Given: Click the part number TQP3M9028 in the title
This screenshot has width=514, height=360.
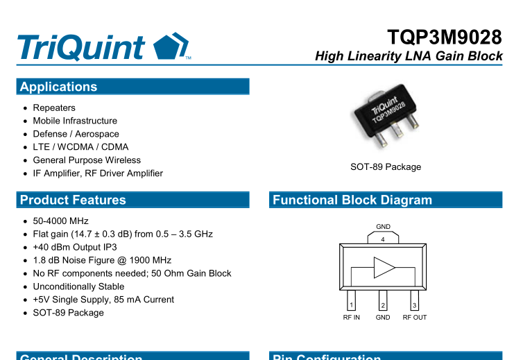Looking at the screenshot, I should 445,37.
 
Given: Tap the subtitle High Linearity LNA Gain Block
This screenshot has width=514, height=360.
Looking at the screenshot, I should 409,56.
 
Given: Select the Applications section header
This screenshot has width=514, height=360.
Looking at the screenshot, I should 59,87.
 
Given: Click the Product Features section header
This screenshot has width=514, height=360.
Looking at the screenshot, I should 73,200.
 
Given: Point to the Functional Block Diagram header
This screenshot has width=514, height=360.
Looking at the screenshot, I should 352,200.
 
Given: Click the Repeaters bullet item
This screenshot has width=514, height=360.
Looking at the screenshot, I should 54,108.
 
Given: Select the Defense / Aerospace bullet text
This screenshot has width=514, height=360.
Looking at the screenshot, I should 76,134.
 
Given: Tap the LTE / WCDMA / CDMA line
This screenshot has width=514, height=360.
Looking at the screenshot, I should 80,147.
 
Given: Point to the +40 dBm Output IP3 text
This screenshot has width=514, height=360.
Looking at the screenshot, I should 75,247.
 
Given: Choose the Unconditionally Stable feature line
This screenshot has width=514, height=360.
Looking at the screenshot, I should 78,286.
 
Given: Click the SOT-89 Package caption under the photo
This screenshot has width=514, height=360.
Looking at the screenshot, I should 386,166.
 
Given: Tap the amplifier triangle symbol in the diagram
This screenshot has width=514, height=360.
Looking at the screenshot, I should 384,267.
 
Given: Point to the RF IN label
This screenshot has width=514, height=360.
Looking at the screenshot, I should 352,318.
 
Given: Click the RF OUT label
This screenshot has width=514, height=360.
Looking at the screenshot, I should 415,318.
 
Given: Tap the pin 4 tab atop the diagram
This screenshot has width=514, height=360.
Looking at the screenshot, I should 383,238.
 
